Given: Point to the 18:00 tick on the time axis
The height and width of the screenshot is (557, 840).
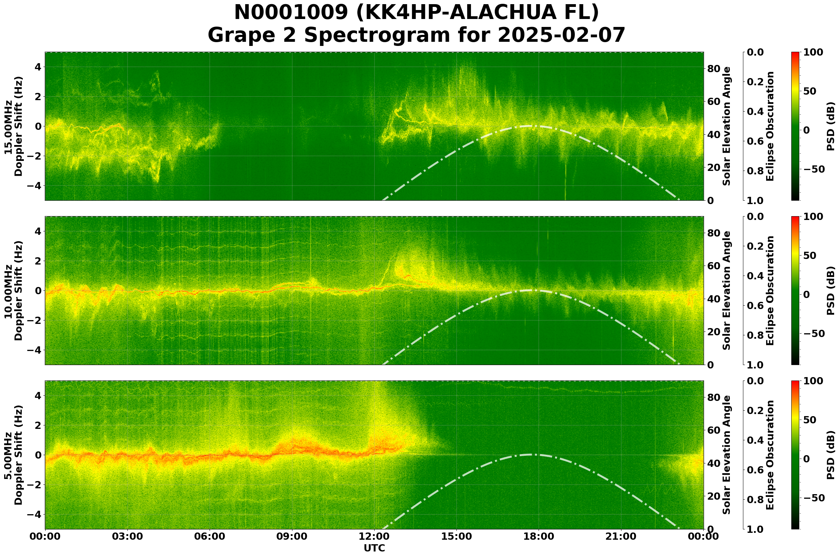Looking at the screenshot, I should tap(539, 536).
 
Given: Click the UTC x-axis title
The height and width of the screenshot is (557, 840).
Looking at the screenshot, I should tap(374, 548).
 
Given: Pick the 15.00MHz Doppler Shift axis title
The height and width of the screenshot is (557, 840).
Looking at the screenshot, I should tap(13, 126).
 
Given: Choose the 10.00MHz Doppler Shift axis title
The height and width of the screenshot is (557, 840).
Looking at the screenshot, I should tap(13, 290).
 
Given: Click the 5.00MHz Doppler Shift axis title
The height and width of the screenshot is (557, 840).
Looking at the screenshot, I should tap(13, 455).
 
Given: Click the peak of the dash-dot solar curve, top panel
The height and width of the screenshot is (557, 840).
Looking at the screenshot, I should tap(529, 126).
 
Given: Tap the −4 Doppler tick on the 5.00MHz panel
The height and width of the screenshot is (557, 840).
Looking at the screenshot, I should tap(37, 515).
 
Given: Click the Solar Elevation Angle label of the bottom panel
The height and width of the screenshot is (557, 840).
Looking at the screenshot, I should tap(727, 455).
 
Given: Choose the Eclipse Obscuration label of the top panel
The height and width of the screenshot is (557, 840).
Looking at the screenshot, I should tap(770, 126).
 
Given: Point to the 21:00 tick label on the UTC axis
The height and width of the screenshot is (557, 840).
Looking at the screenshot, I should tap(621, 536).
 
